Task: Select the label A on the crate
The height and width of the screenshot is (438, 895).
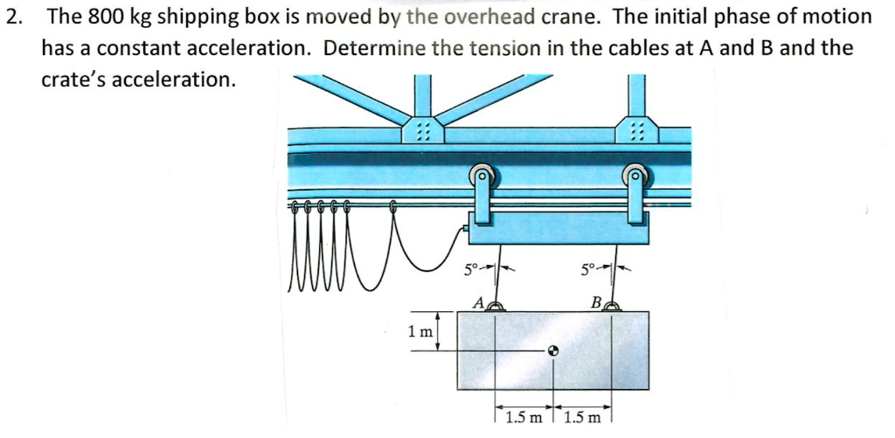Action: (477, 303)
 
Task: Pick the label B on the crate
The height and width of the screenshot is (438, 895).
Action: (595, 303)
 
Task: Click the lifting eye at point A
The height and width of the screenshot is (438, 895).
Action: (495, 305)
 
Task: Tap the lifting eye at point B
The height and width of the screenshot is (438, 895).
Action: (612, 305)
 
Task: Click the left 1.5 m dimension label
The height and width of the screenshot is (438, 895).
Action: (522, 417)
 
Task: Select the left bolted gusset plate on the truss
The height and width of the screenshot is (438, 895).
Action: (422, 130)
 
